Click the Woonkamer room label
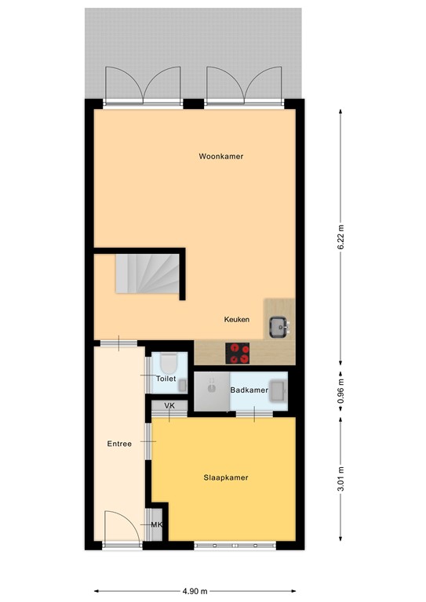click(x=220, y=156)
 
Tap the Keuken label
click(x=237, y=320)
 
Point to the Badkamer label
click(x=249, y=390)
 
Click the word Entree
click(x=119, y=444)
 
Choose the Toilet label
click(x=166, y=379)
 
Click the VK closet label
click(x=169, y=406)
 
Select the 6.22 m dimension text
click(x=340, y=235)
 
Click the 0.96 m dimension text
click(x=340, y=390)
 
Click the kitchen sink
click(x=277, y=325)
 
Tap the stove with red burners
click(x=238, y=354)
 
